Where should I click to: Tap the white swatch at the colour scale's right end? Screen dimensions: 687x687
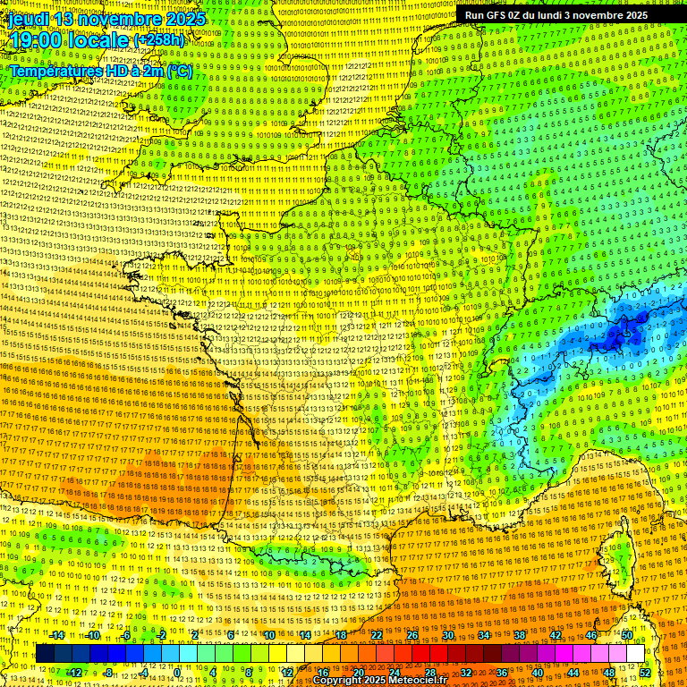[x=635, y=654]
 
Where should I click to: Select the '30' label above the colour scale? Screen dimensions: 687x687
[x=447, y=635]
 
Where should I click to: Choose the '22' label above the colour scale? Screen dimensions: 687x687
[x=377, y=635]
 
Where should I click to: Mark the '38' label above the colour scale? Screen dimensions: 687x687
[x=519, y=635]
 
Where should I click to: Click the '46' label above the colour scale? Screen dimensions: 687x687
[x=590, y=635]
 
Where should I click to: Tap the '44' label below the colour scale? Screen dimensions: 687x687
[x=573, y=673]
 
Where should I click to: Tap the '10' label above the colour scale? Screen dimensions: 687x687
[x=269, y=635]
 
